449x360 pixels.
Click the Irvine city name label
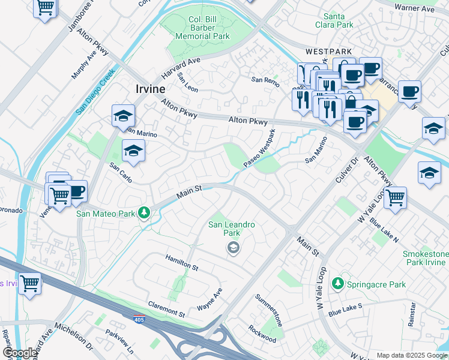tap(146, 89)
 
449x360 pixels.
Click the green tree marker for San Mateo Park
tap(143, 213)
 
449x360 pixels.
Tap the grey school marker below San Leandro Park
tap(233, 247)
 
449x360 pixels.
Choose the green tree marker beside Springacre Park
tap(339, 284)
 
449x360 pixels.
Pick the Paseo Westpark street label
tap(259, 148)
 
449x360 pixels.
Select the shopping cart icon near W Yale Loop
tap(395, 197)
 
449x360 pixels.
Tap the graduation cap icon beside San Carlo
tap(133, 152)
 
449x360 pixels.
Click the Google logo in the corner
tap(20, 353)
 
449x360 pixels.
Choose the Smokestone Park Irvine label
tap(425, 259)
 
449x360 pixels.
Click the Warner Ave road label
tap(414, 8)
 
